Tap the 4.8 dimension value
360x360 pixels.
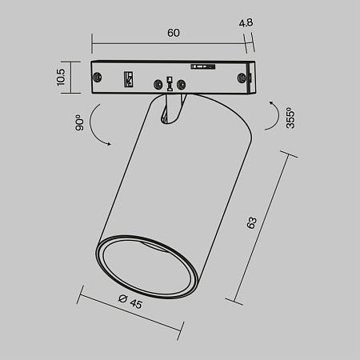pyautogui.click(x=246, y=23)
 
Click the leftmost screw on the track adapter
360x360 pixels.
pyautogui.click(x=98, y=76)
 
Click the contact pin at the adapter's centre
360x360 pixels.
pyautogui.click(x=169, y=83)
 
